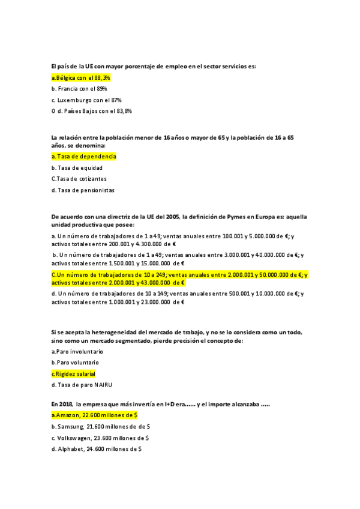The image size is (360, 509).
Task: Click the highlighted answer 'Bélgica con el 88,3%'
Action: coord(81,77)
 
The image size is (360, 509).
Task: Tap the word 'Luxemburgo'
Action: coord(76,100)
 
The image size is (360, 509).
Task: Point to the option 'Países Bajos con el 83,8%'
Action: coord(95,110)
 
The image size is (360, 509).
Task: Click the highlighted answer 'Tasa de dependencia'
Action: coord(84,157)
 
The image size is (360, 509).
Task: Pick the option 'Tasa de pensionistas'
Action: coord(84,190)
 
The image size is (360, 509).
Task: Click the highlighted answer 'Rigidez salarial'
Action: coord(74,373)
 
